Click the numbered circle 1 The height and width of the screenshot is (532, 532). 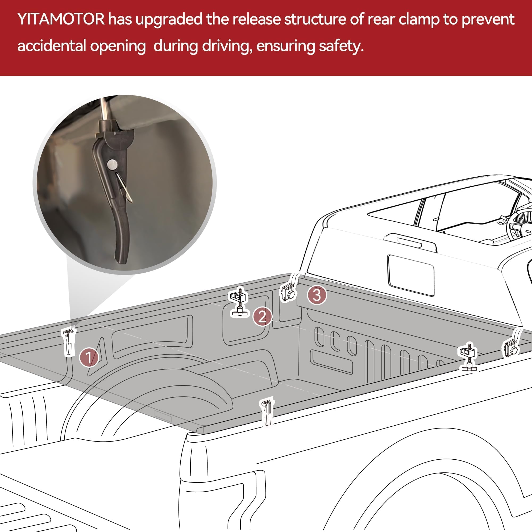pyautogui.click(x=89, y=358)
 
